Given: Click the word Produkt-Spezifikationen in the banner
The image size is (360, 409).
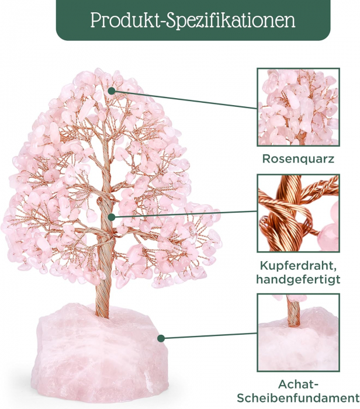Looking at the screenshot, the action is [x=192, y=20].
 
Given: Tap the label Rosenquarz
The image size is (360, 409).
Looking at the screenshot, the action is [x=298, y=158].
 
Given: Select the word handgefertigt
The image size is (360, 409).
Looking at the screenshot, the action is [x=298, y=279].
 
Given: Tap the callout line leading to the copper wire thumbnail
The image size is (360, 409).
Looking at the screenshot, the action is [x=187, y=213].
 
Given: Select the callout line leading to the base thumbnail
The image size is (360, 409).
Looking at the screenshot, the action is [x=210, y=335].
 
